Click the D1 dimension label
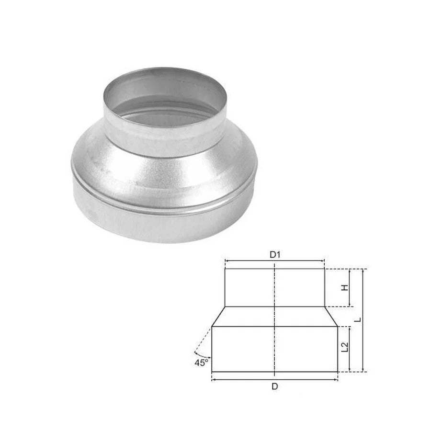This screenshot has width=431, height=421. pos(274,255)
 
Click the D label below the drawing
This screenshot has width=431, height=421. pos(275,387)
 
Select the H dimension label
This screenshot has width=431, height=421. pos(345,288)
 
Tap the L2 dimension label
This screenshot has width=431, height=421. pos(345,347)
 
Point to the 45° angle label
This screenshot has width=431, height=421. pos(201,363)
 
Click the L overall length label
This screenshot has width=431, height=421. pos(358,320)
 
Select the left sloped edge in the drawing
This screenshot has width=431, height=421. pos(218,317)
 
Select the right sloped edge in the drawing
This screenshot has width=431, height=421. pos(331,317)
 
